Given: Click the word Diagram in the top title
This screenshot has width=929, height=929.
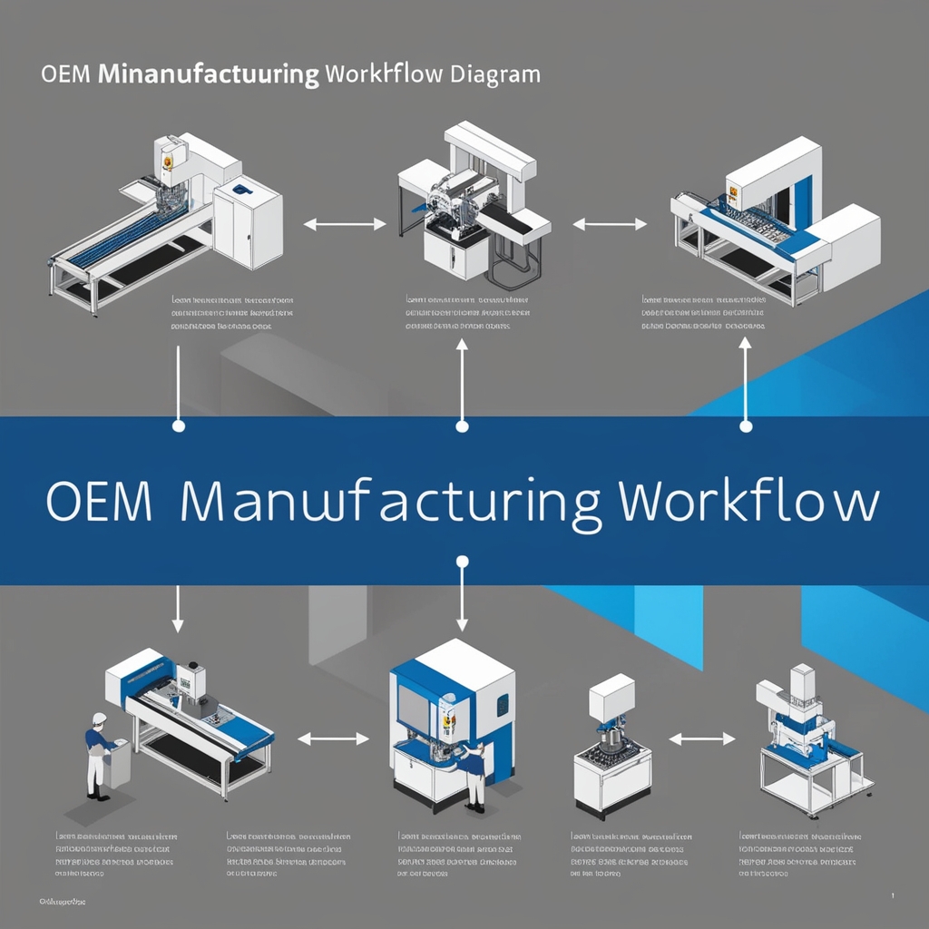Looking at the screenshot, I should click(x=495, y=74).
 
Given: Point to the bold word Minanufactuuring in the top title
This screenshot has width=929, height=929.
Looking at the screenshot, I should click(x=207, y=74).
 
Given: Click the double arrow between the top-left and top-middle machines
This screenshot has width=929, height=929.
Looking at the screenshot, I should click(x=344, y=223).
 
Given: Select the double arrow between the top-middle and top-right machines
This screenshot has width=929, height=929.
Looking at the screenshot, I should click(x=610, y=223).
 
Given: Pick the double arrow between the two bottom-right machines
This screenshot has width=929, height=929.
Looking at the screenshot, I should click(x=701, y=739).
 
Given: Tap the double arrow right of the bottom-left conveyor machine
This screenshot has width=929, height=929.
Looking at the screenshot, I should click(x=333, y=739).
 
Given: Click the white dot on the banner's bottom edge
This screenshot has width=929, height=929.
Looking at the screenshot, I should click(x=462, y=562).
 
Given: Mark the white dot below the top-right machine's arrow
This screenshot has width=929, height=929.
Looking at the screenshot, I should click(x=746, y=425).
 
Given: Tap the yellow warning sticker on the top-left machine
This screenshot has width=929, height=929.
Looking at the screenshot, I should click(x=166, y=161).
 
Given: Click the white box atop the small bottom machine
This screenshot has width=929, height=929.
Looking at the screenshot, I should click(x=611, y=696).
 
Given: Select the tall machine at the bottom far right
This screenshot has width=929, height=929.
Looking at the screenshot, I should click(x=807, y=739).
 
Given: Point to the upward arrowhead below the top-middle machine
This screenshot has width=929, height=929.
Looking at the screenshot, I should click(x=462, y=345).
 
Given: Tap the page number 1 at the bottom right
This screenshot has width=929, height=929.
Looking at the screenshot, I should click(x=893, y=895).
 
